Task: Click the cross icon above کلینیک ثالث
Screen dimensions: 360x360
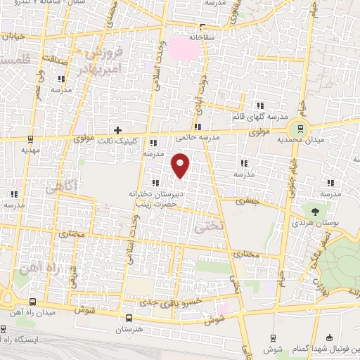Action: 118,129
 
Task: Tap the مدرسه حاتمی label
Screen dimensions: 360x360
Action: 219,139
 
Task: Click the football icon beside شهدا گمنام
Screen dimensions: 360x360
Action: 330,337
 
